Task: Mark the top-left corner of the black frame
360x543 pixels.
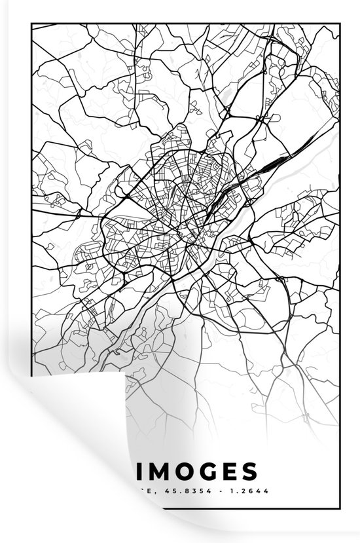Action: coord(31,24)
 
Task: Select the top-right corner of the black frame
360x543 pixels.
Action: coord(340,24)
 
